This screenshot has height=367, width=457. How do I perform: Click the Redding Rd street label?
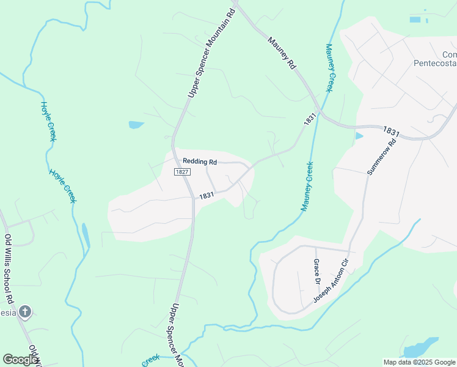pyautogui.click(x=200, y=161)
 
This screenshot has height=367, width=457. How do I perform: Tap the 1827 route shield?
pyautogui.click(x=181, y=172)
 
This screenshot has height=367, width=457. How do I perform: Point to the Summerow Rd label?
pyautogui.click(x=382, y=157)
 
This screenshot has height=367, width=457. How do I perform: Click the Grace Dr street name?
pyautogui.click(x=316, y=273)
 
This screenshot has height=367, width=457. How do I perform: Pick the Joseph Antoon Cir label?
pyautogui.click(x=331, y=281)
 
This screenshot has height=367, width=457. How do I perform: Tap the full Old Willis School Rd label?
pyautogui.click(x=9, y=270)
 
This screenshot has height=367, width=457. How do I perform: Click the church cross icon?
pyautogui.click(x=24, y=313)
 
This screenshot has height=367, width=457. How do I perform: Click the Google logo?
pyautogui.click(x=20, y=360)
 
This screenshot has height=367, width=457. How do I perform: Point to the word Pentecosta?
pyautogui.click(x=434, y=62)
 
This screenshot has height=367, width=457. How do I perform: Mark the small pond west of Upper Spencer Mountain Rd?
pyautogui.click(x=136, y=125)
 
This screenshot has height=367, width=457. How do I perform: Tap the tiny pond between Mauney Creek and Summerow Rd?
pyautogui.click(x=359, y=136)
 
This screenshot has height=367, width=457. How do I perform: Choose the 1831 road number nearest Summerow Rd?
pyautogui.click(x=392, y=131)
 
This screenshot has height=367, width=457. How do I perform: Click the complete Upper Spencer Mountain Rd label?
pyautogui.click(x=211, y=53)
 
